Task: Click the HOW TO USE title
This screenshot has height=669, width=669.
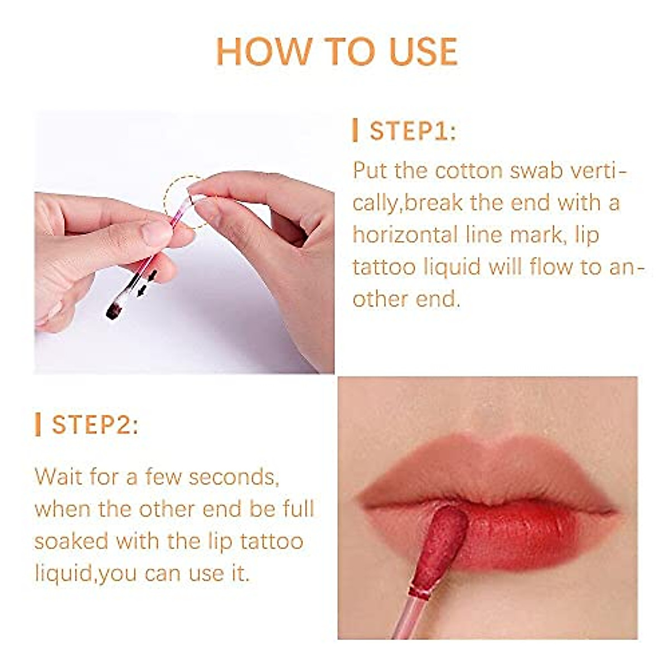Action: point(336,51)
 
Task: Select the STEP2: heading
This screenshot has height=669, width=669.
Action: point(95,425)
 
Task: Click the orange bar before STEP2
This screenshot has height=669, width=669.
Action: point(37,425)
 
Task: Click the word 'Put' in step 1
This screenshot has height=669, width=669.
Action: point(370,171)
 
